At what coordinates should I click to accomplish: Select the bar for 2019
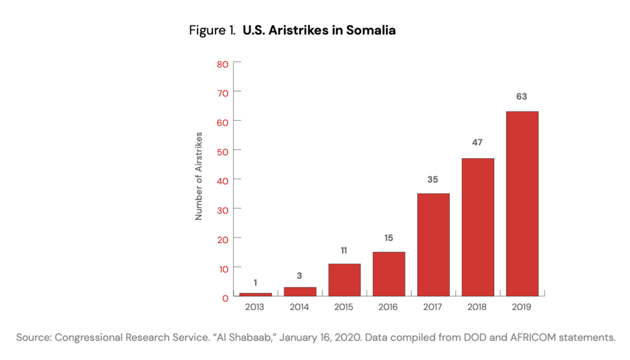[522, 203]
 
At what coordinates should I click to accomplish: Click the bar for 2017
[433, 244]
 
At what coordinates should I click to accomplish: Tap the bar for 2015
[345, 279]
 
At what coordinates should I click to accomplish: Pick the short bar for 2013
[255, 294]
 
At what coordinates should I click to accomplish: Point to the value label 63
[522, 97]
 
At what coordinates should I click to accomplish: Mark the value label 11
[345, 250]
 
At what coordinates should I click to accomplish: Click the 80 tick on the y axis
[223, 63]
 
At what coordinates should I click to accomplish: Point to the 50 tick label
[223, 151]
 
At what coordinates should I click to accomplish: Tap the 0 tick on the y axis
[225, 298]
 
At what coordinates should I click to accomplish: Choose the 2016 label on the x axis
[389, 306]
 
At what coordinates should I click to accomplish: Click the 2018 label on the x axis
[478, 306]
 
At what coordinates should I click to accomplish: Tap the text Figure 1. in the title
[212, 30]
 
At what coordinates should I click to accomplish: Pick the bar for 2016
[389, 274]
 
